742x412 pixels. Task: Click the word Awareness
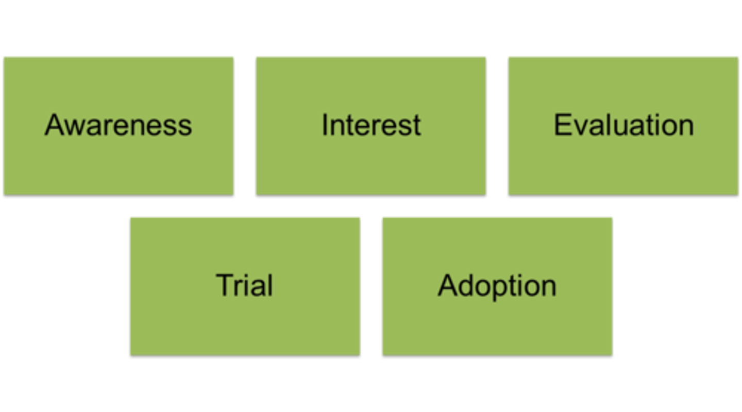point(118,125)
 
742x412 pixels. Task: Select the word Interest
point(371,125)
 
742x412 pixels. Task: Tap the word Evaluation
point(623,125)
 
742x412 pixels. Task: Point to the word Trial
point(244,285)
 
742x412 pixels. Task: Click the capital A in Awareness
point(53,125)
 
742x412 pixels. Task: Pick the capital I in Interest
point(325,125)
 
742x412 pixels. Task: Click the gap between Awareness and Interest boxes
point(245,126)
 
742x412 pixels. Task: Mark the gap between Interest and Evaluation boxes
point(497,126)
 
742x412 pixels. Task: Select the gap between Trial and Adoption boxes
point(371,286)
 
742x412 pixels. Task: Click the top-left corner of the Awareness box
point(3,57)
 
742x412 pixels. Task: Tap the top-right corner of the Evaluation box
point(738,57)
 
